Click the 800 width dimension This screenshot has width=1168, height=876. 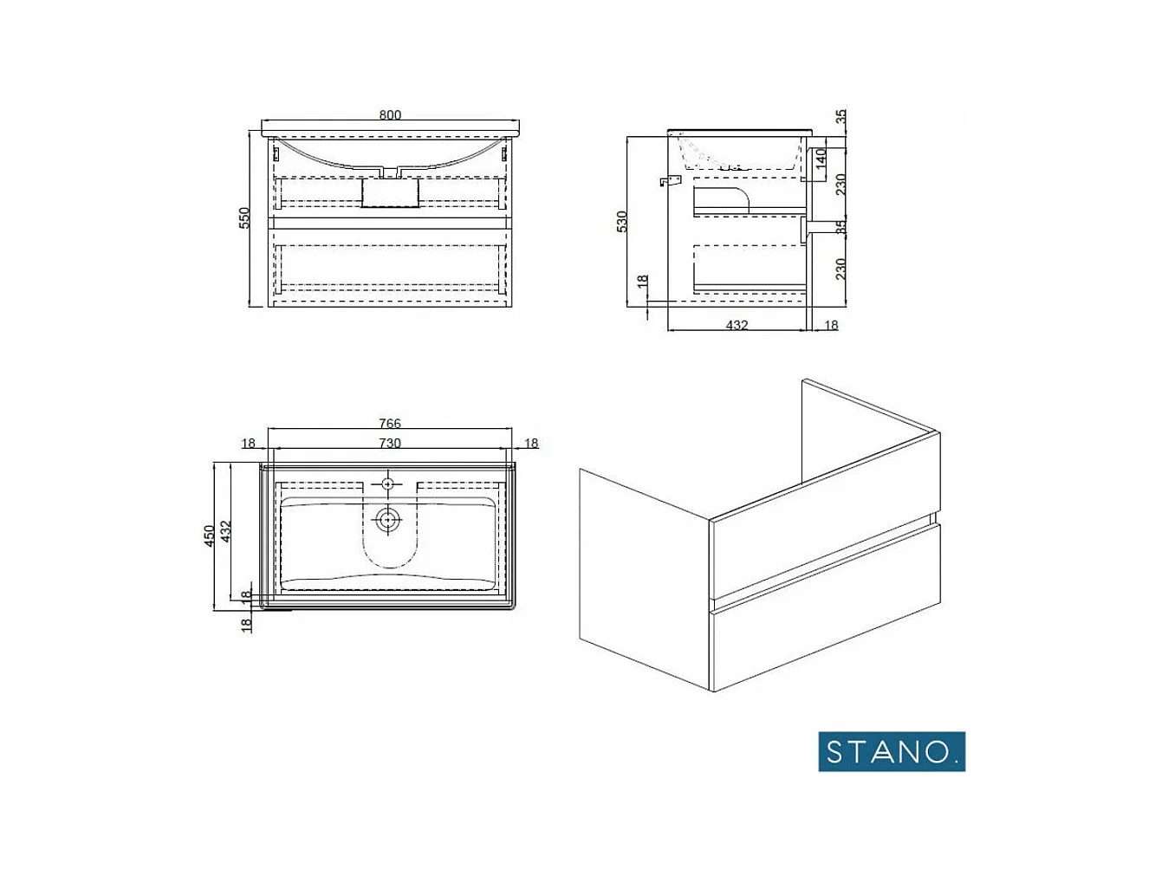pos(390,115)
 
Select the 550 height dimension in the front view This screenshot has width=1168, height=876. pos(245,217)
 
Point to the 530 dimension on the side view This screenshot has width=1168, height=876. pos(621,222)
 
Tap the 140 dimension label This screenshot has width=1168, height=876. pos(821,159)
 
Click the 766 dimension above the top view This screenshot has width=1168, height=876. pos(390,424)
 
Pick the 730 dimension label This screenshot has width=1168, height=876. pos(390,443)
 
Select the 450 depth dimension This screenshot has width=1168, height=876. pos(209,536)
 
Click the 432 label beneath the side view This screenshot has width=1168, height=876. pos(736,326)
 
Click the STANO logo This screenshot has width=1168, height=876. pos(891,751)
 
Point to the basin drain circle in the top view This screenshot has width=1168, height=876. pos(387,520)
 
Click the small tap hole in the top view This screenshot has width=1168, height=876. pos(387,483)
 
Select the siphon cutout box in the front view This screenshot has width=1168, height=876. pos(389,192)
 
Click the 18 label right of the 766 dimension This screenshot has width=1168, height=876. pos(531,444)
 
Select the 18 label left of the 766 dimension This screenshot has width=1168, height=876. pos(249,444)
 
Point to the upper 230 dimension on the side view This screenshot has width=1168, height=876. pos(840,185)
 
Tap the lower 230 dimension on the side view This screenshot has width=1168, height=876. pos(840,269)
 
